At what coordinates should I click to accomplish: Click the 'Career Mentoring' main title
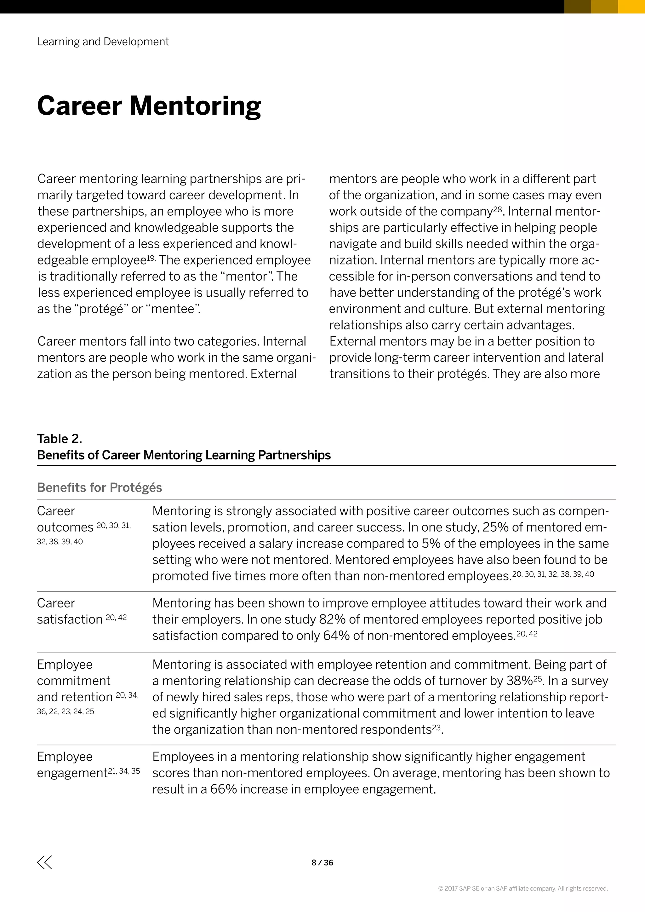point(149,106)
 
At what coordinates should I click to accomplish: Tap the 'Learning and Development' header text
point(103,42)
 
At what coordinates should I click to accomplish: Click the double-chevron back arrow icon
point(44,862)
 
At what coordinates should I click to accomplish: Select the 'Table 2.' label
point(60,439)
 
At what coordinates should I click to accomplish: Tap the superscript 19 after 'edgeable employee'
point(151,258)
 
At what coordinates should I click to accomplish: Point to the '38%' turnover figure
point(519,681)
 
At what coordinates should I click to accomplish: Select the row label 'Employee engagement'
point(72,765)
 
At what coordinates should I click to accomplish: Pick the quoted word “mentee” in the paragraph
point(174,309)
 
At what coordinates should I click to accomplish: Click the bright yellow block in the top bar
point(631,6)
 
